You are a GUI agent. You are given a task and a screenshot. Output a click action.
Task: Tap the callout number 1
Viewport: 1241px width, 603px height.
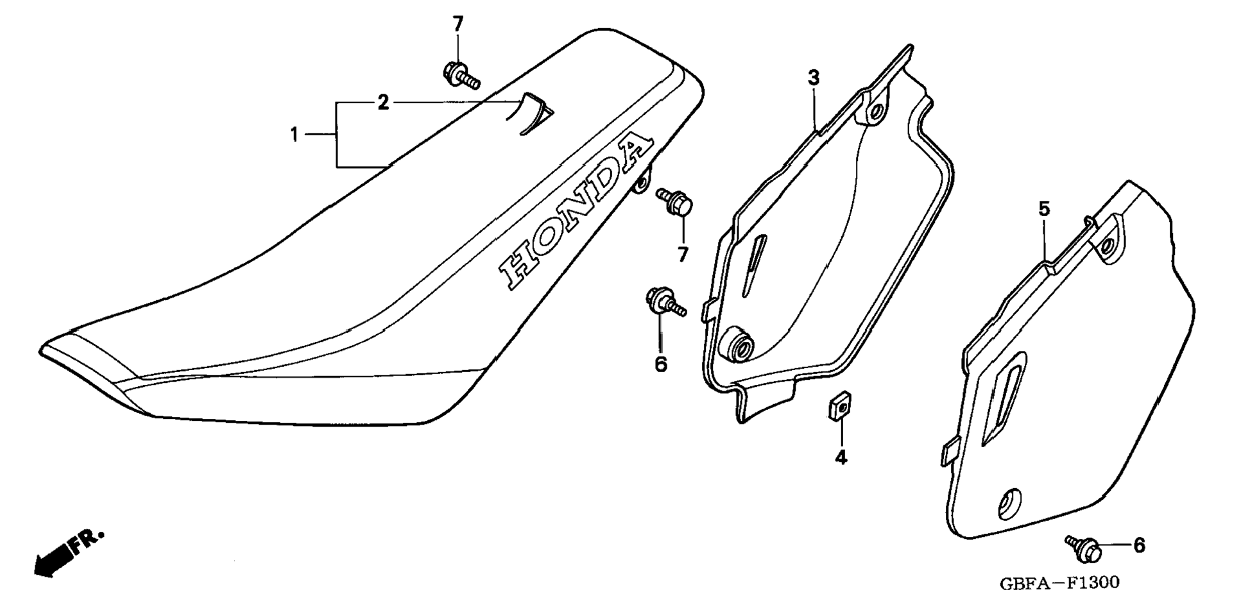click(x=294, y=135)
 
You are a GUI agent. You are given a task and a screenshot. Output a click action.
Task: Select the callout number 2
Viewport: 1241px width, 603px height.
click(x=383, y=103)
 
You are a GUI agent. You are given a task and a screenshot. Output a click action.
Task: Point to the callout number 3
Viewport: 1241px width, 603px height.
click(x=813, y=78)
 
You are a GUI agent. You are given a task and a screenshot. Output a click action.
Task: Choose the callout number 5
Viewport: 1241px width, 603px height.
click(x=1044, y=208)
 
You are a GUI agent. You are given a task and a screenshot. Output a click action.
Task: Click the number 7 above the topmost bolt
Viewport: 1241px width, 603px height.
click(x=458, y=24)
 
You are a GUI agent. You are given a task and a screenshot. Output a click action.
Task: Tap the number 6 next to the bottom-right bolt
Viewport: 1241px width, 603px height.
click(x=1139, y=545)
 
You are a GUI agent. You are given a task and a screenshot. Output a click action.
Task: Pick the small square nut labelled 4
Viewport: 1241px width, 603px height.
click(x=834, y=408)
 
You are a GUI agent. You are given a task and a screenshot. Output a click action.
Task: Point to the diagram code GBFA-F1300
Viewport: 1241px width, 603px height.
click(x=1059, y=582)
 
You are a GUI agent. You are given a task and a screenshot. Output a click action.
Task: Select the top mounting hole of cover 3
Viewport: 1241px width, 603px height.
click(x=875, y=113)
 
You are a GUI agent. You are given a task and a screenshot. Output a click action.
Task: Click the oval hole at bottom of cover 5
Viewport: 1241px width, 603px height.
click(x=1008, y=504)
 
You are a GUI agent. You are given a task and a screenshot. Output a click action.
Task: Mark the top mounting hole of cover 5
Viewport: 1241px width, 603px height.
click(x=1108, y=245)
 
